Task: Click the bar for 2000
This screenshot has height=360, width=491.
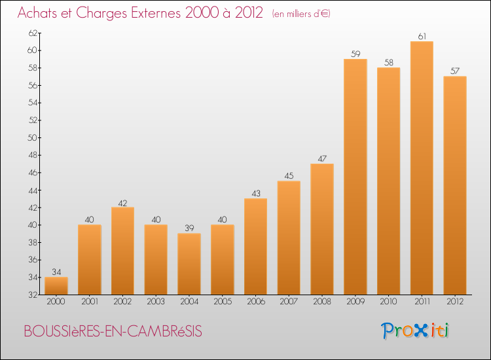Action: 56,286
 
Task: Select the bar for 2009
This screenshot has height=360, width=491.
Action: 355,177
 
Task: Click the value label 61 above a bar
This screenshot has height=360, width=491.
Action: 422,36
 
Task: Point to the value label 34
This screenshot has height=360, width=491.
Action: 56,272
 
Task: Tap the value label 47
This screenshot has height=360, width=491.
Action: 322,158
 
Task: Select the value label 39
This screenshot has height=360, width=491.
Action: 189,228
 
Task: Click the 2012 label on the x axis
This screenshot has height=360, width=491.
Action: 455,301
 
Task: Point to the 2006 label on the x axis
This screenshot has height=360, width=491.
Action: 255,301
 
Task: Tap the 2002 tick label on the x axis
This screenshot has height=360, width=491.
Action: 122,301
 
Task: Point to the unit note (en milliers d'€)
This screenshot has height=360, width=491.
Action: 300,14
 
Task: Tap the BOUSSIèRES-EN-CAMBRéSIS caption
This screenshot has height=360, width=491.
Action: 113,332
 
